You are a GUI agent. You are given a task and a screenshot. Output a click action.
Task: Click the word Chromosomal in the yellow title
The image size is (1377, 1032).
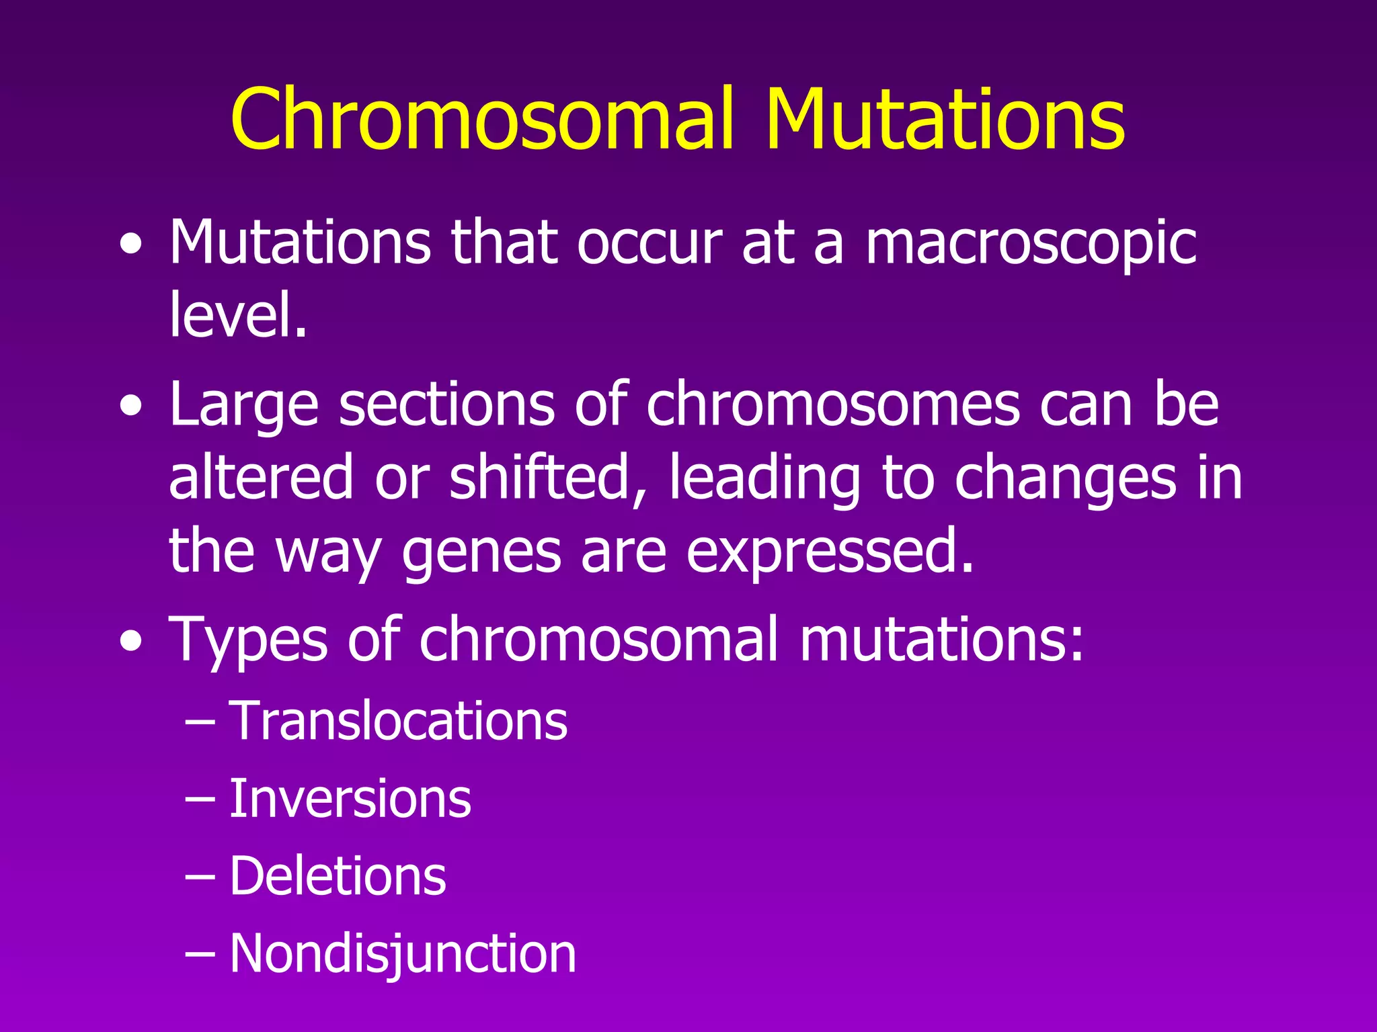(481, 120)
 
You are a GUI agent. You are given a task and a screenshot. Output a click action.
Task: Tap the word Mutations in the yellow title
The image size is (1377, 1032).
(944, 120)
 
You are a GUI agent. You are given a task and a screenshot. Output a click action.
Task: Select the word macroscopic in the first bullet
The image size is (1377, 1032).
(1030, 243)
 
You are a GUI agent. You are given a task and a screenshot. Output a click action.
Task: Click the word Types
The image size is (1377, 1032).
(248, 640)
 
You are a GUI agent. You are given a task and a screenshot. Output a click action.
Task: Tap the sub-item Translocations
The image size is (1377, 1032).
(398, 721)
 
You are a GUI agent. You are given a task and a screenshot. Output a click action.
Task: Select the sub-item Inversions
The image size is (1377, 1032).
(350, 799)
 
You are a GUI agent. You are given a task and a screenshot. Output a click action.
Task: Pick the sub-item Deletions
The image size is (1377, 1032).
(338, 876)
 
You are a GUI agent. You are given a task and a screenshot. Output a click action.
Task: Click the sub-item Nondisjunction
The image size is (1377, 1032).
(402, 953)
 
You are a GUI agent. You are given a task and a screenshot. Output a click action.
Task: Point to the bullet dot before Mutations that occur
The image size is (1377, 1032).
(131, 245)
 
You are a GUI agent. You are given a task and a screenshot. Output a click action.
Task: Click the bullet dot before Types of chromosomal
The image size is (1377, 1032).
(131, 642)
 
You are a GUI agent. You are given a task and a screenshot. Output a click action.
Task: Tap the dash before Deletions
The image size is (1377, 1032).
(200, 877)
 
